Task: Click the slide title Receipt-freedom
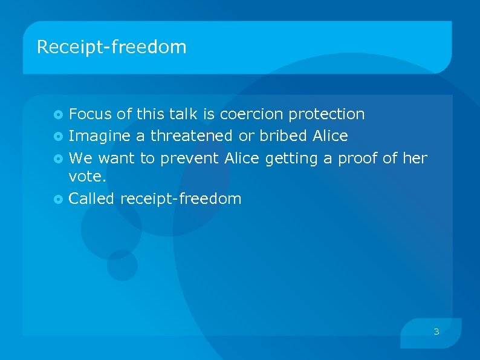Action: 112,47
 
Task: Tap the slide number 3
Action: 436,332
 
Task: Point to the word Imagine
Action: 99,136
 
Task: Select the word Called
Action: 92,198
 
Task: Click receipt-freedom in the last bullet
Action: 181,199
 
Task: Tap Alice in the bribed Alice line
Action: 331,136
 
